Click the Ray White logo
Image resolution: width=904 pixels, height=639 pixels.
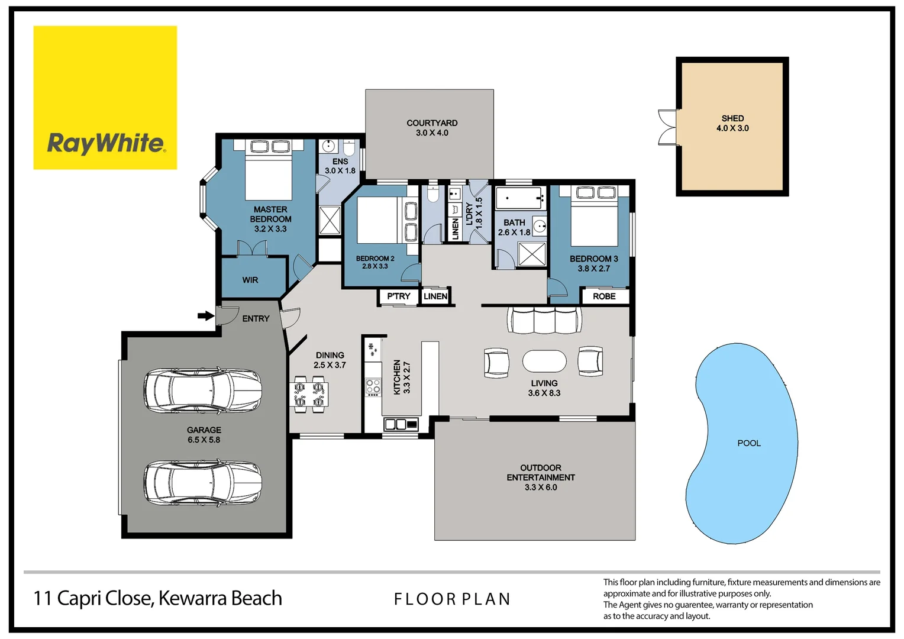[x=105, y=98]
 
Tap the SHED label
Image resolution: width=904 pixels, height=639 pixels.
[x=732, y=118]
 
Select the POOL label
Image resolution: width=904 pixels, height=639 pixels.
[x=748, y=443]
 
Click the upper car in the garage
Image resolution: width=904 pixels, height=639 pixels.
[x=202, y=390]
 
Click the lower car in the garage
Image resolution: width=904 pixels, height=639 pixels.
[x=202, y=482]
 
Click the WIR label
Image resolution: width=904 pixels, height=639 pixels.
[x=250, y=280]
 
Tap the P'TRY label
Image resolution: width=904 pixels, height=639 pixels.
[x=398, y=296]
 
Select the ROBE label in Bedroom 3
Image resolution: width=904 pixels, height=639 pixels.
[x=604, y=296]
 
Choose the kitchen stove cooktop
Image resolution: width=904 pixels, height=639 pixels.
[x=373, y=387]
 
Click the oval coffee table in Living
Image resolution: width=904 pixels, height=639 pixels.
[x=544, y=361]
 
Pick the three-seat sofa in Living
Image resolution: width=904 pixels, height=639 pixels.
[x=544, y=320]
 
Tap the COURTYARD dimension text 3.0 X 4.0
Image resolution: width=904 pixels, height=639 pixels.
[x=432, y=133]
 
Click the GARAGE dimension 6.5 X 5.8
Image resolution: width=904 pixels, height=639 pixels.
[x=204, y=440]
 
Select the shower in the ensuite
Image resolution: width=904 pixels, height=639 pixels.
[x=330, y=221]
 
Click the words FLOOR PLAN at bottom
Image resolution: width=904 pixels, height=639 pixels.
[x=452, y=599]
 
